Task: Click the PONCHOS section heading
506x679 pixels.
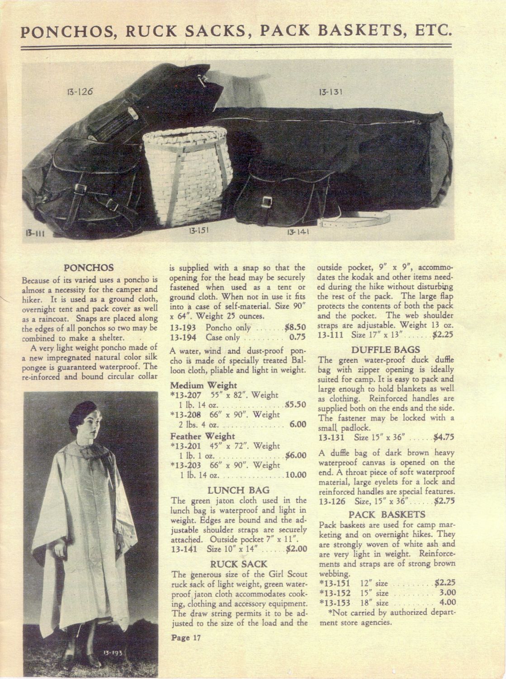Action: [x=89, y=268]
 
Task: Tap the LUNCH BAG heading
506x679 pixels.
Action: [x=238, y=490]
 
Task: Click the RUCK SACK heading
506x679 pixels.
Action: [x=239, y=564]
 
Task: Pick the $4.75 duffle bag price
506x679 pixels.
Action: [x=443, y=437]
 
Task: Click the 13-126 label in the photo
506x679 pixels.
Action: [x=79, y=91]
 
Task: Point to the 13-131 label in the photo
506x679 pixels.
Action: [x=330, y=92]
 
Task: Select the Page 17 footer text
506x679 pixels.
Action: [x=185, y=638]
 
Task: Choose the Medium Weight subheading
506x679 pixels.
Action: [x=203, y=385]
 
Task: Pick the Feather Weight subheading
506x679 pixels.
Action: [x=203, y=436]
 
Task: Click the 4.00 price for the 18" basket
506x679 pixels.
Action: [x=447, y=603]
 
